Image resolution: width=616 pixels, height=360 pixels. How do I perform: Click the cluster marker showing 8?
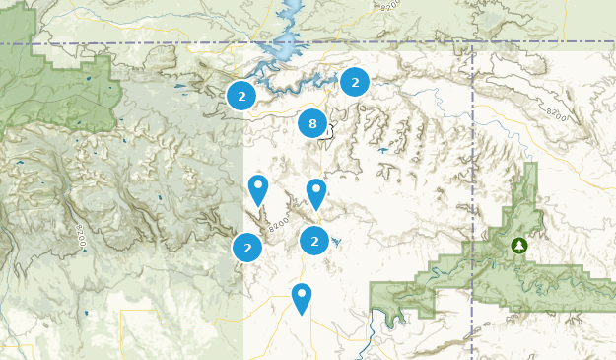tap(312, 124)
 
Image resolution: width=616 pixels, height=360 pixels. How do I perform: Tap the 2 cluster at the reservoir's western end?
tap(240, 96)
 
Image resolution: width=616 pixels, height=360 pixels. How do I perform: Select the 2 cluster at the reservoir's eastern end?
tap(355, 83)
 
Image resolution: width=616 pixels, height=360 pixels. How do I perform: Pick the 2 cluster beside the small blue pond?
tap(313, 240)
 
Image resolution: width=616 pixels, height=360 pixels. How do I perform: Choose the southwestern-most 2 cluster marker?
tap(247, 248)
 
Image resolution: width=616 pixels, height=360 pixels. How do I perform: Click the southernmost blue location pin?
tap(301, 296)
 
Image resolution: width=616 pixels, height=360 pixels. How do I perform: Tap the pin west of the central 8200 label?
tap(257, 188)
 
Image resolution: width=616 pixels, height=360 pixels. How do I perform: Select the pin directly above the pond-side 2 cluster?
tap(315, 192)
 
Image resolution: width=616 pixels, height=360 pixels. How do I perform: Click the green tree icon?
tap(519, 245)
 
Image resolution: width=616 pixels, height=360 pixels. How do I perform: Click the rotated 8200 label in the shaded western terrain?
tap(81, 237)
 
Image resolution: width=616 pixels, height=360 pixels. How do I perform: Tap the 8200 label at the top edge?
tap(388, 6)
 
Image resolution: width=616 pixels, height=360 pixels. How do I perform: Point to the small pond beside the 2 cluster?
tap(336, 242)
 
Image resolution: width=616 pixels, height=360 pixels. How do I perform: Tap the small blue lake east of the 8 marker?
tap(382, 151)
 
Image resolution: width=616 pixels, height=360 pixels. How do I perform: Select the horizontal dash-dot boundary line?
tap(148, 43)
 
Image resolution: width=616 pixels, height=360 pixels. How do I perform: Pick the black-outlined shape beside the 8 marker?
tap(329, 130)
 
